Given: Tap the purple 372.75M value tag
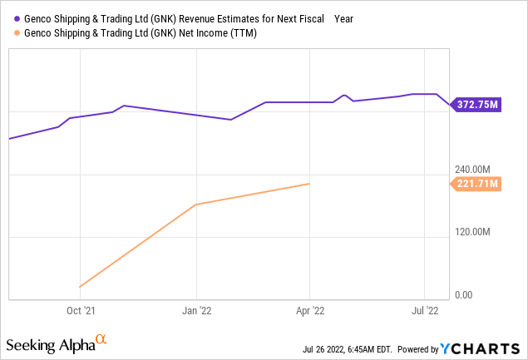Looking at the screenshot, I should click(x=476, y=105).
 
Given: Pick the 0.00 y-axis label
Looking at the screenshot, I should click(x=466, y=294).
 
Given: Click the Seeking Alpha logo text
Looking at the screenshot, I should click(x=51, y=343).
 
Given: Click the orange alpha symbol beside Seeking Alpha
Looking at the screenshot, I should click(x=101, y=339).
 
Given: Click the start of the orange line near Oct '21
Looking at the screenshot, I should click(x=80, y=287).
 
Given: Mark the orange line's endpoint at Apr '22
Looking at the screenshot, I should click(x=309, y=184).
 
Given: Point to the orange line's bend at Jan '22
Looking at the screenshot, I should click(x=195, y=204).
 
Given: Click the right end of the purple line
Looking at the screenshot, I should click(x=450, y=106).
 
